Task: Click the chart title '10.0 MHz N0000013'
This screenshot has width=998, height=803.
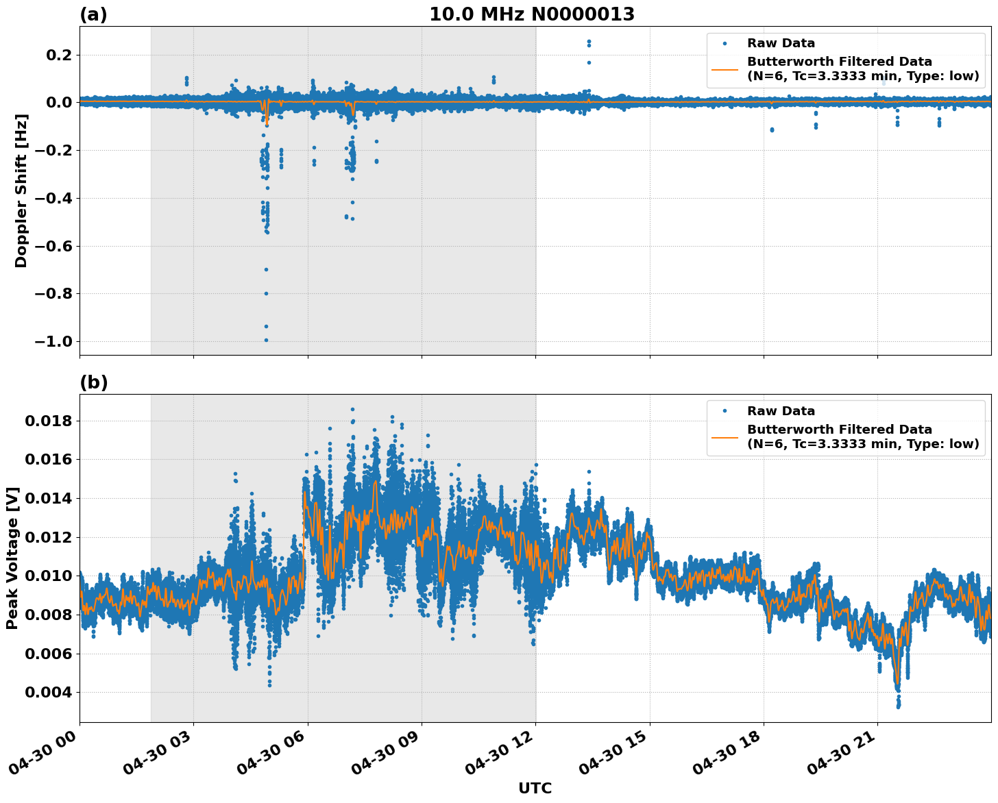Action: coord(532,14)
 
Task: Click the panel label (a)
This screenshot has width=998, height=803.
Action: coord(93,14)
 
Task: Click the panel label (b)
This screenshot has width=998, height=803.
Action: coord(94,382)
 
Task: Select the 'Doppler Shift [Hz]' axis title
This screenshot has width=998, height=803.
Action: coord(21,190)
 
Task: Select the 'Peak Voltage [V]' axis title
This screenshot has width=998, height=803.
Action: coord(12,558)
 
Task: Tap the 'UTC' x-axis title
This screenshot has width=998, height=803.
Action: coord(535,788)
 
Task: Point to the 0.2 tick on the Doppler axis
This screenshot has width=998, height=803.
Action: coord(57,55)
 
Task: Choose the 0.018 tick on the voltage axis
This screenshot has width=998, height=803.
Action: coord(48,421)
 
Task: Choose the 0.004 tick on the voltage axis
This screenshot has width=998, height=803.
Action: coord(48,692)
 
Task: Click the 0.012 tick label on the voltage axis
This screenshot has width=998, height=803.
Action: coord(48,537)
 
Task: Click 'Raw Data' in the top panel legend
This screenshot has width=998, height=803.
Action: coord(781,43)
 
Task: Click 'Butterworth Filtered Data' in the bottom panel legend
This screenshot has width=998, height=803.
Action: coord(839,430)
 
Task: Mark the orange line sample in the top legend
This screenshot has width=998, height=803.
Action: coord(725,69)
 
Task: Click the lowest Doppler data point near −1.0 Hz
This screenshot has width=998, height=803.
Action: coord(266,340)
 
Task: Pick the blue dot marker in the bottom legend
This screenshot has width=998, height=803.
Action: coord(725,411)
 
